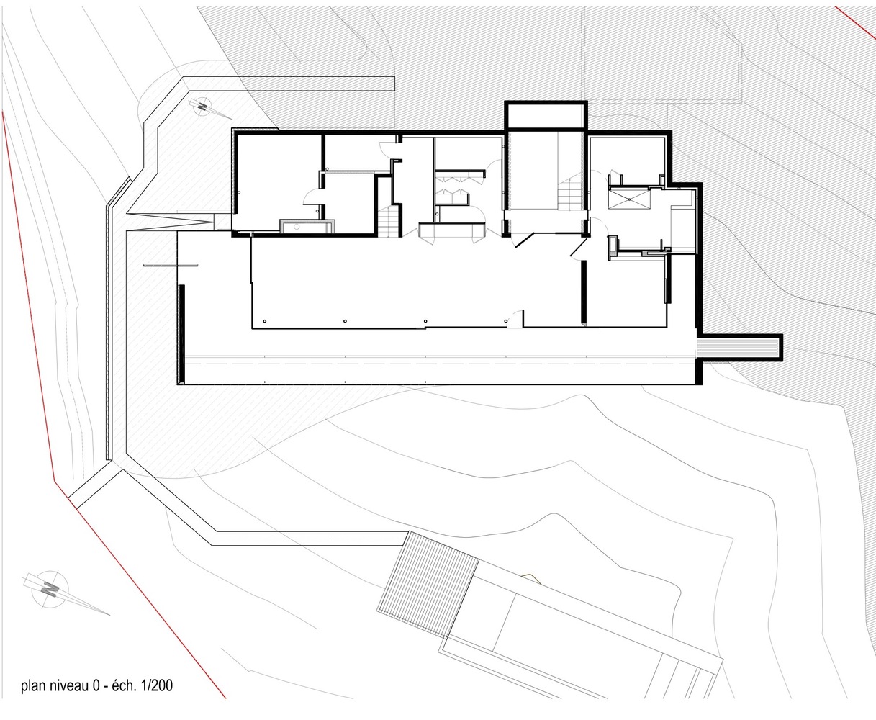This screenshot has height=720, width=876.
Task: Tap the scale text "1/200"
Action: pyautogui.click(x=157, y=685)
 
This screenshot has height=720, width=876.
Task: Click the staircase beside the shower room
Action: pyautogui.click(x=571, y=193)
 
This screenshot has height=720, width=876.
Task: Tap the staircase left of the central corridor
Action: pyautogui.click(x=388, y=222)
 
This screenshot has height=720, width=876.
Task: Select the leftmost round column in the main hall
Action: pyautogui.click(x=265, y=321)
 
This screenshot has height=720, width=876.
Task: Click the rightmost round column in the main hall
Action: pyautogui.click(x=506, y=321)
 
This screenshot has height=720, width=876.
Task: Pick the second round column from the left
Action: pyautogui.click(x=345, y=321)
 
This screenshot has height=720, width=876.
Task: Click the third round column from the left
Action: pyautogui.click(x=425, y=321)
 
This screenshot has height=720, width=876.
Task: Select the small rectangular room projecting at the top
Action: pyautogui.click(x=546, y=116)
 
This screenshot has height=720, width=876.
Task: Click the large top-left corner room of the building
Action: pyautogui.click(x=276, y=182)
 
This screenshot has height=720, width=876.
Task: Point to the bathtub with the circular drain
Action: pyautogui.click(x=307, y=227)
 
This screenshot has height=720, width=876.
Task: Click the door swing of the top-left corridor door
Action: pyautogui.click(x=387, y=148)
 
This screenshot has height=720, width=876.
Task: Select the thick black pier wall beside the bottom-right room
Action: pyautogui.click(x=583, y=292)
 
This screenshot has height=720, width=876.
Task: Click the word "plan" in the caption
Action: pyautogui.click(x=34, y=686)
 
